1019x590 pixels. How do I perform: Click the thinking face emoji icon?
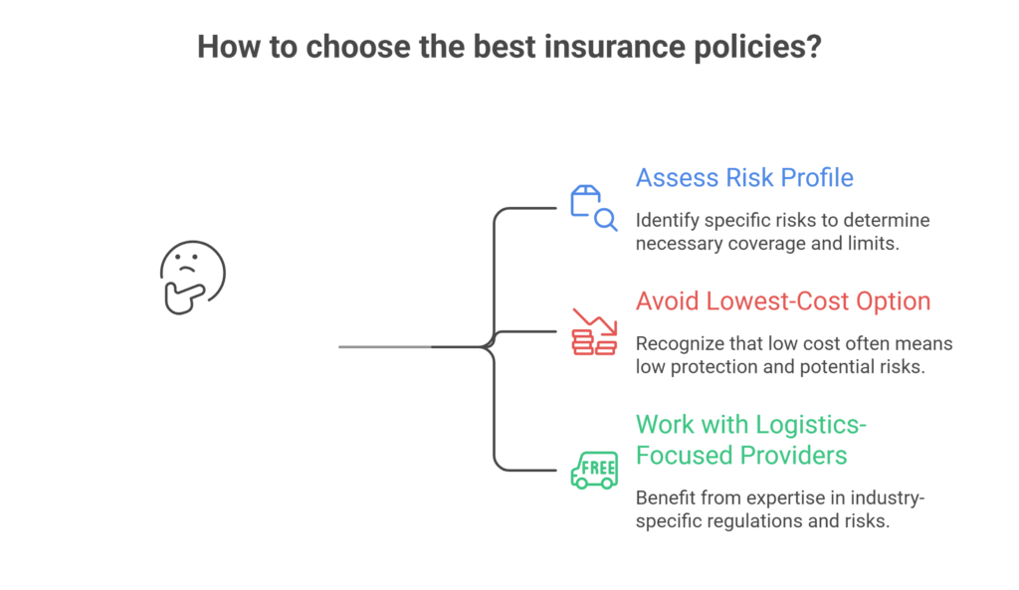click(x=192, y=278)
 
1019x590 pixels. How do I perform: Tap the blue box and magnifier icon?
click(x=593, y=208)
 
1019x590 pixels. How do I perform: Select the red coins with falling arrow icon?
click(x=594, y=331)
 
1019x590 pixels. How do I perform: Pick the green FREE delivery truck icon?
click(x=594, y=471)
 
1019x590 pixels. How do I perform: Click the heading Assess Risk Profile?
click(x=744, y=177)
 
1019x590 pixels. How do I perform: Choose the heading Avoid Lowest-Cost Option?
click(x=783, y=300)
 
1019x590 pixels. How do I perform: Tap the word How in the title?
click(x=229, y=47)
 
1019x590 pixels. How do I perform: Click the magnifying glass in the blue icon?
click(x=606, y=220)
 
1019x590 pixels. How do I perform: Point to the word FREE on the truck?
click(x=598, y=468)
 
